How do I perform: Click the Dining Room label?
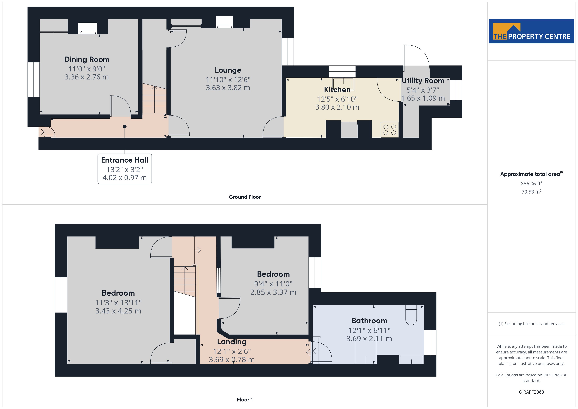(x=87, y=59)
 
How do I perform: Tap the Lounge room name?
(x=228, y=70)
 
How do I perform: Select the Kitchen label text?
(x=337, y=89)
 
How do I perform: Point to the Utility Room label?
(x=423, y=81)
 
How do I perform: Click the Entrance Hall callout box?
(x=125, y=169)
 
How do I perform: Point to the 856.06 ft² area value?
(x=531, y=184)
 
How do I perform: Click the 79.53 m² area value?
(x=531, y=192)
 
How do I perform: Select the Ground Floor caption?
(x=245, y=197)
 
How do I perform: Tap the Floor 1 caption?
(x=245, y=400)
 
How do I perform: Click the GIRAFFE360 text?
(x=531, y=392)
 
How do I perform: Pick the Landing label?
(x=232, y=342)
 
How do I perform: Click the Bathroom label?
(x=369, y=321)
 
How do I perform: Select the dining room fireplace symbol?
(x=88, y=28)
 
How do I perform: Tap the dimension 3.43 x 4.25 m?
(x=118, y=311)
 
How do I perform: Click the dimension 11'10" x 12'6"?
(x=228, y=80)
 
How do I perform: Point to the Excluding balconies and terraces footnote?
(x=531, y=324)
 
